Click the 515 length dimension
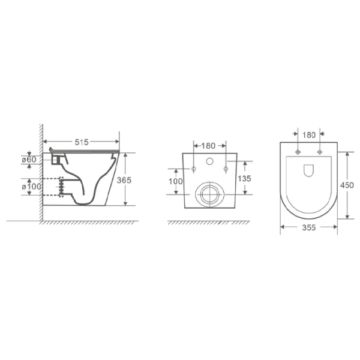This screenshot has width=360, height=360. [82, 142]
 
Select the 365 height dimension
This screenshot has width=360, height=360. [124, 180]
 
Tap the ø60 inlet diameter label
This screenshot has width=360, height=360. [29, 160]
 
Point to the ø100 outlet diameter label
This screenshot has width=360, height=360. [31, 187]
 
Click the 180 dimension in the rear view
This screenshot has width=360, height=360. [208, 146]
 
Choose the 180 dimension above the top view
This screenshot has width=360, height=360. [309, 135]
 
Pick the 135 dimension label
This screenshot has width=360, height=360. [244, 178]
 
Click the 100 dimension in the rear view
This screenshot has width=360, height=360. [176, 181]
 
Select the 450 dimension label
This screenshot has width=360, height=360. [347, 185]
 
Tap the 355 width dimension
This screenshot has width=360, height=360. [309, 227]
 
